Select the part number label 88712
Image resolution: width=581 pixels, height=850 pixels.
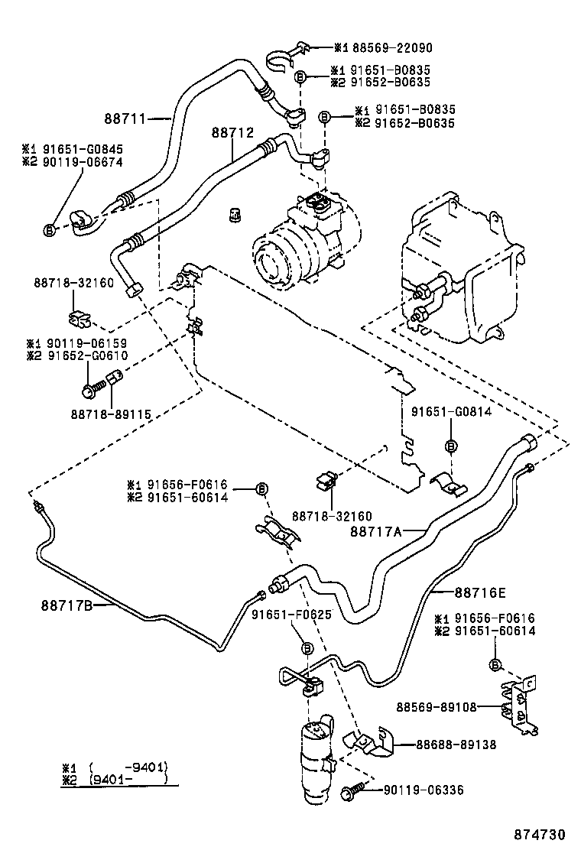click(x=232, y=132)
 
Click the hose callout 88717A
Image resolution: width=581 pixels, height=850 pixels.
click(x=376, y=530)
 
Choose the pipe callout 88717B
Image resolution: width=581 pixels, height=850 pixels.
click(x=67, y=605)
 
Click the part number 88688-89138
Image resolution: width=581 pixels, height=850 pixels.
click(x=455, y=744)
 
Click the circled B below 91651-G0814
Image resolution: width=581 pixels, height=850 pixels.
click(x=451, y=446)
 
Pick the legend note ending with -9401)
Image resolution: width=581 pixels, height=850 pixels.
click(x=117, y=767)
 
